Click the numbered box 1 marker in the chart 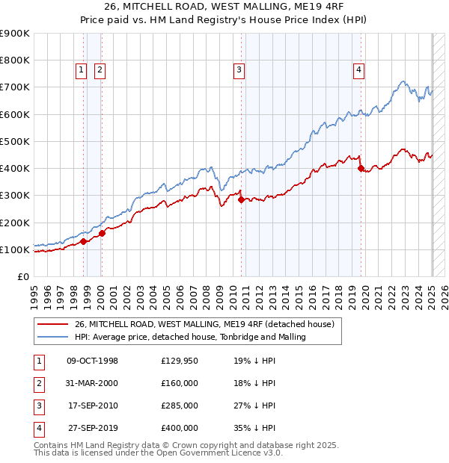click(80, 70)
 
